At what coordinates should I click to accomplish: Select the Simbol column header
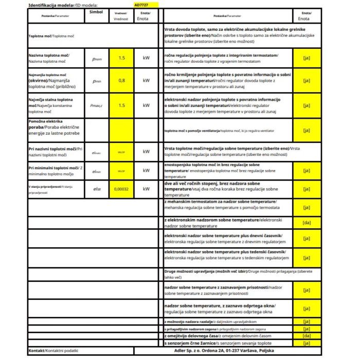[96, 11]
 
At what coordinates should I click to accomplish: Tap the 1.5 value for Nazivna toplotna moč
[121, 58]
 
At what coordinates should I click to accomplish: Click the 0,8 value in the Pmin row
[121, 81]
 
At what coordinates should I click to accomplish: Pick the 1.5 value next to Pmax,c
[121, 105]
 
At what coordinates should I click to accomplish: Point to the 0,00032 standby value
[121, 189]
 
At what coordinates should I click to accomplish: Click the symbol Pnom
[97, 59]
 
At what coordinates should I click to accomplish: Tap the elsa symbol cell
[97, 189]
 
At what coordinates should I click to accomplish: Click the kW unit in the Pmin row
[147, 81]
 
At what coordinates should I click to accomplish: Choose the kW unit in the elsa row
[147, 189]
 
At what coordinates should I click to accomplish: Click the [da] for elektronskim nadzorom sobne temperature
[307, 223]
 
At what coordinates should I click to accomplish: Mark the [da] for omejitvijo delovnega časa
[307, 335]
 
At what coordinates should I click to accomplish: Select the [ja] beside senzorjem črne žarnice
[307, 343]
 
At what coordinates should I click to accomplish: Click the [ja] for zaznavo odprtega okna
[307, 309]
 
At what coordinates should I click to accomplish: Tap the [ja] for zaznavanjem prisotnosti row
[307, 290]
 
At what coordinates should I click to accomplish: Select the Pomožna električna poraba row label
[51, 127]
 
